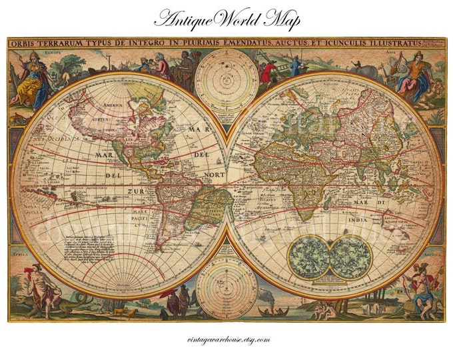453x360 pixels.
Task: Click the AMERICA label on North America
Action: [111, 105]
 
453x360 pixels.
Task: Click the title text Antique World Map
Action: [226, 19]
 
